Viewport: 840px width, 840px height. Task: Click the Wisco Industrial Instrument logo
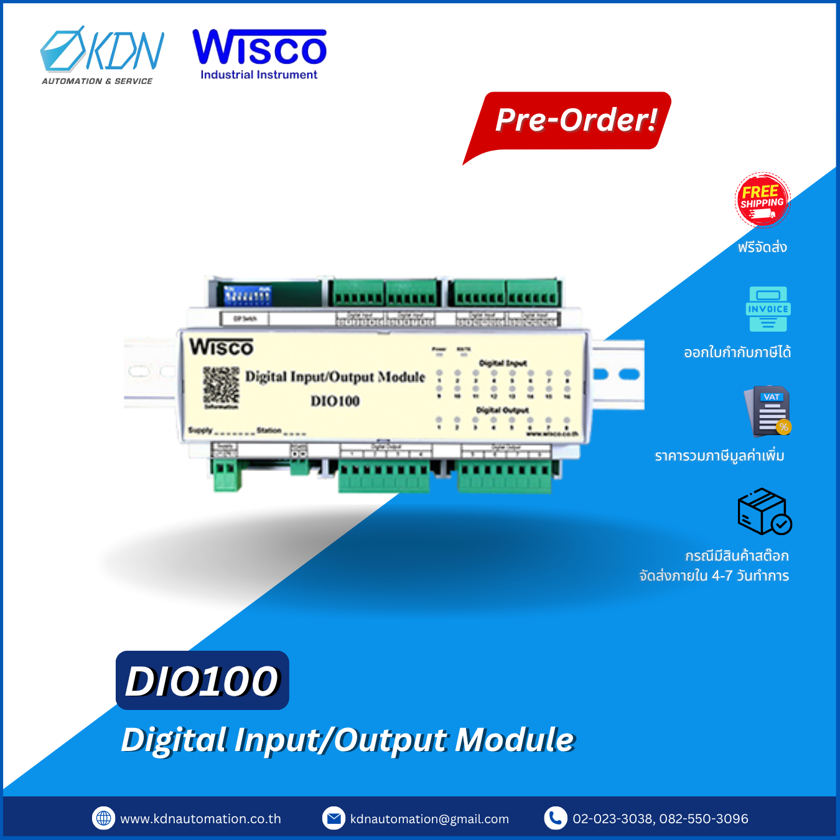click(259, 55)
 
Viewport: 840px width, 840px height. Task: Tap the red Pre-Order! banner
click(575, 120)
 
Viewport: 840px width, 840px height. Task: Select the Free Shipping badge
click(762, 200)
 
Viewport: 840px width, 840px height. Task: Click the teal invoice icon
click(768, 309)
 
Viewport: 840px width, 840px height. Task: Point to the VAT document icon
click(768, 411)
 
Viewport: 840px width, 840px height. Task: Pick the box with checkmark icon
click(764, 512)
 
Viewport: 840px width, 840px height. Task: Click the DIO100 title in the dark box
click(202, 681)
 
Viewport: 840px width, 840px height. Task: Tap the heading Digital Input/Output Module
click(347, 740)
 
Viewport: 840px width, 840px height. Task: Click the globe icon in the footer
click(104, 818)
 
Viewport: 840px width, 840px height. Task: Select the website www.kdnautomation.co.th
click(200, 819)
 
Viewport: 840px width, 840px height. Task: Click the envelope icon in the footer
click(334, 818)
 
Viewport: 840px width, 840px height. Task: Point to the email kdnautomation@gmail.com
click(429, 819)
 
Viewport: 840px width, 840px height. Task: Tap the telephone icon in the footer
click(555, 818)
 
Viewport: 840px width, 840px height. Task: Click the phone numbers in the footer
click(660, 819)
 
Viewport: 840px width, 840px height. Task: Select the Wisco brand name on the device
click(222, 347)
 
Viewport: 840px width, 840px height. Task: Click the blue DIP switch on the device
click(248, 296)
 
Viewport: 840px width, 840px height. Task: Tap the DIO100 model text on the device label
click(335, 401)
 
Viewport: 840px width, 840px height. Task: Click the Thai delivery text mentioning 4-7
click(714, 576)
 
